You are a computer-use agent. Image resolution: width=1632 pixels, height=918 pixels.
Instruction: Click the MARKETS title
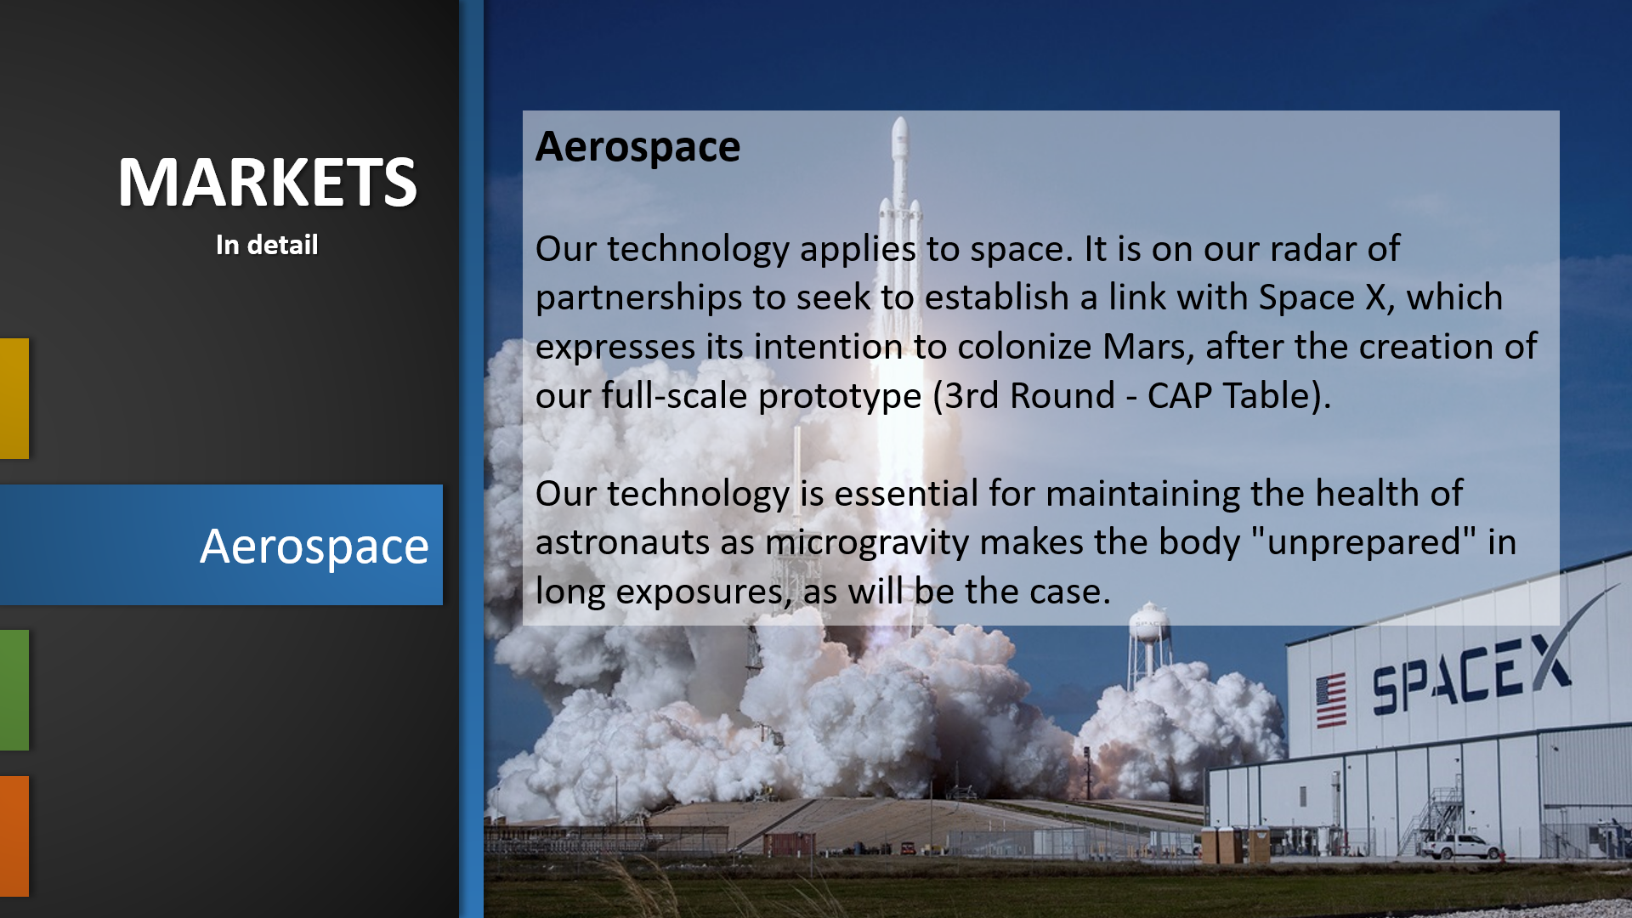pos(267,182)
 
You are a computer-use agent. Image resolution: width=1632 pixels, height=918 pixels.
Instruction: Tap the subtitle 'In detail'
pos(267,245)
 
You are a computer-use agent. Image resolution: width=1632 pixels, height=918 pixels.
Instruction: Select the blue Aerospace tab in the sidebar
pos(221,545)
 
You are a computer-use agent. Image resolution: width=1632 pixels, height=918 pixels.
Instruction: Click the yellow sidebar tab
pos(14,399)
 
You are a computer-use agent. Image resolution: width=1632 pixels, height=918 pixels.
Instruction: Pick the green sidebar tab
pos(14,690)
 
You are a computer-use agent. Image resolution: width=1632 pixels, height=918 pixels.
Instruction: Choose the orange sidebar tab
pos(14,836)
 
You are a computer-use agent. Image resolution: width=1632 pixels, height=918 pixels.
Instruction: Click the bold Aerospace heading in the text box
pos(637,147)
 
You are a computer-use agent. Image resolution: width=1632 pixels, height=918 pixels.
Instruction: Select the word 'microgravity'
pos(867,543)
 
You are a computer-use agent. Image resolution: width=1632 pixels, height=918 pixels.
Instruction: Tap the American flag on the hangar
pos(1331,700)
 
